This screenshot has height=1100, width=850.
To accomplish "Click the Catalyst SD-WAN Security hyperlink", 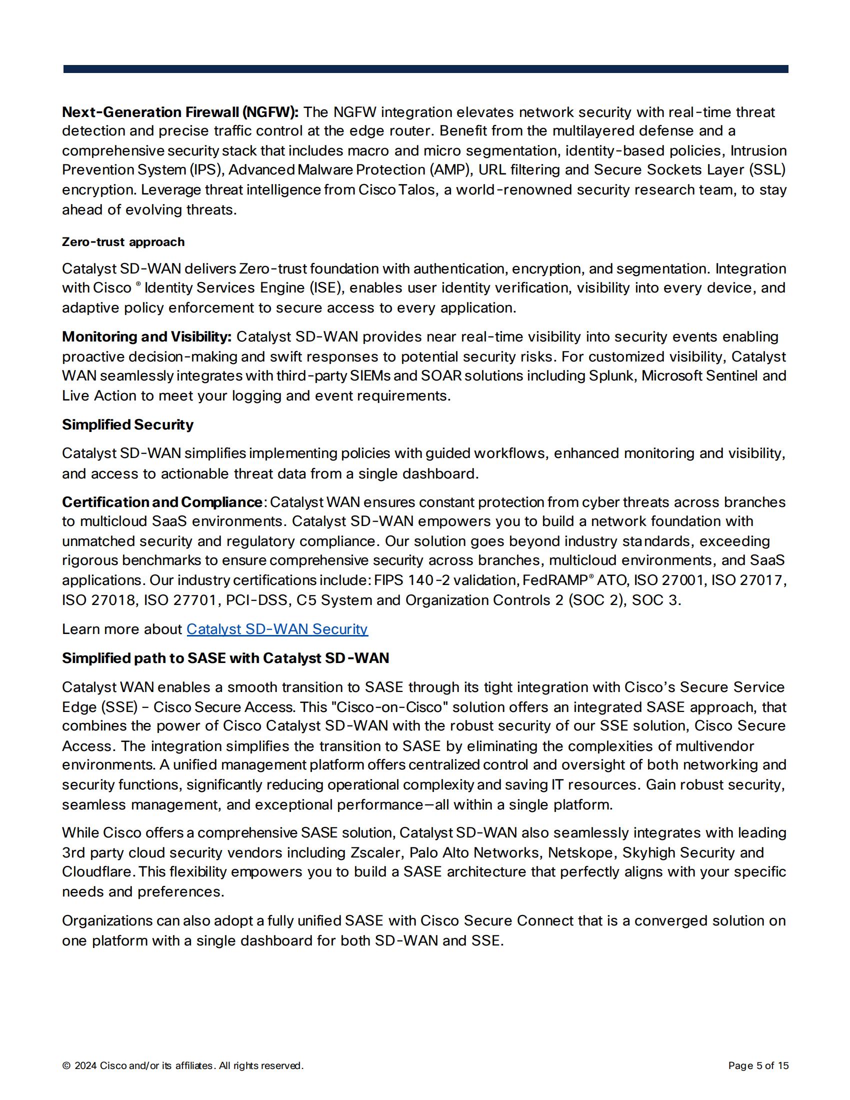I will (277, 629).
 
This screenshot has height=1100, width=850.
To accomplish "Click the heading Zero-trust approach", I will (123, 242).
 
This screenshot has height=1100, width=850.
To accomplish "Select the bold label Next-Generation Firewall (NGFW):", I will (180, 112).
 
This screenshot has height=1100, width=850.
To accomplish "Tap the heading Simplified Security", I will (127, 424).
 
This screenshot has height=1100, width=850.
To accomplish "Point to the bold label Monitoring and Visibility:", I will (146, 336).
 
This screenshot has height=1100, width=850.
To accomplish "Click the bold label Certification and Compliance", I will (161, 502).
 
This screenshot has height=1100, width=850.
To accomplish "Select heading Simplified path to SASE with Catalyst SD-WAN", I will (225, 658).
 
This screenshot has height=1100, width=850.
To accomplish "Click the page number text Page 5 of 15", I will (758, 1066).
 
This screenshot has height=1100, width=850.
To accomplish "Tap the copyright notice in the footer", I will (182, 1066).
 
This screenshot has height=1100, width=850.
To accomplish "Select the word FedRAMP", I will (555, 580).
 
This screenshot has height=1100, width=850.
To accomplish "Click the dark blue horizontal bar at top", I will (425, 69).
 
